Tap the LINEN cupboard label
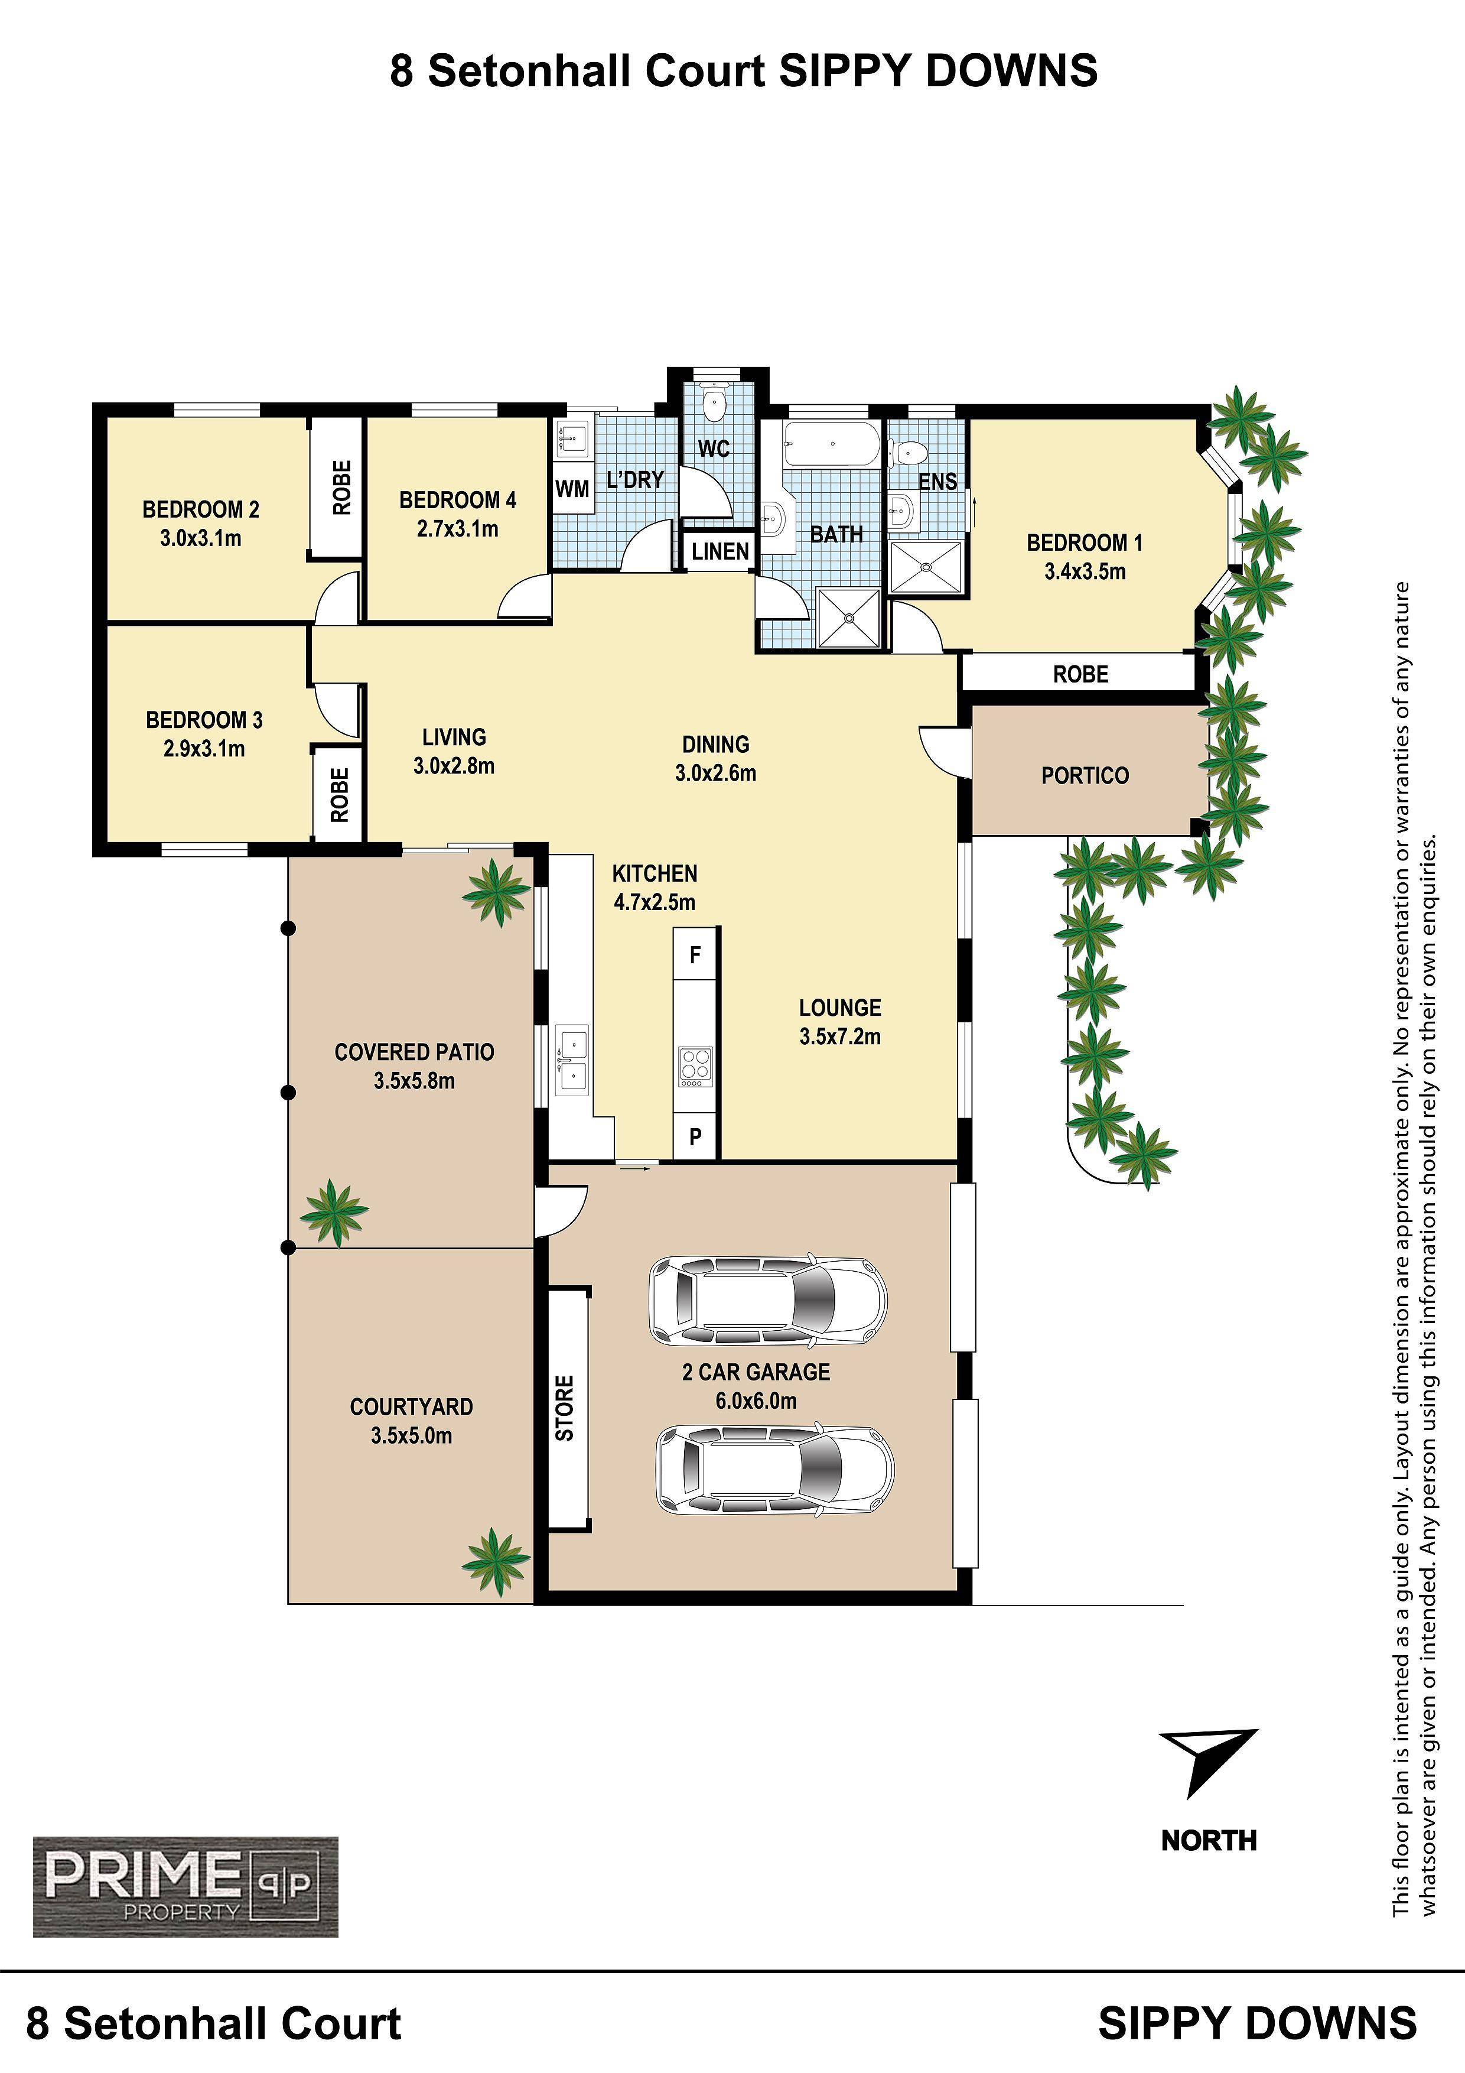pos(720,551)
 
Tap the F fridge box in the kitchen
pos(695,954)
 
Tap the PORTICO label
pos(1085,775)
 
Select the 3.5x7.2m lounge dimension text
pos(839,1036)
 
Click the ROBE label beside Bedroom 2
pos(341,487)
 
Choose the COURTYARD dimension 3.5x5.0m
pos(412,1435)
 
